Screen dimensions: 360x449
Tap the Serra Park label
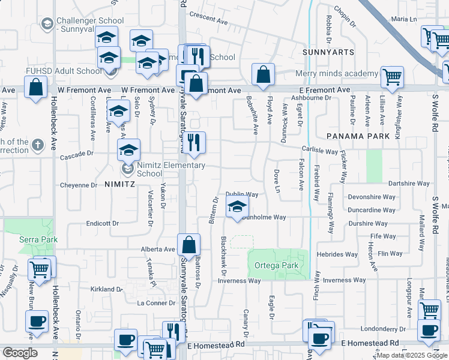(x=38, y=239)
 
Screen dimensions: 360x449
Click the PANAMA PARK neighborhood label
(x=358, y=136)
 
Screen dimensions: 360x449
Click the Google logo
(x=19, y=353)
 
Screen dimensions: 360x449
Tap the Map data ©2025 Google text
(x=412, y=355)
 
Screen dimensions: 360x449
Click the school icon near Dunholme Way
(x=238, y=208)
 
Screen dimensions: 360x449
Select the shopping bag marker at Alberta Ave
(x=188, y=245)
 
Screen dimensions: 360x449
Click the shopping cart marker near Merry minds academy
(x=392, y=76)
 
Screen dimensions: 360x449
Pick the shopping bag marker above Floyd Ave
(x=263, y=75)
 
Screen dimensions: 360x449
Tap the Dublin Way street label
(x=242, y=194)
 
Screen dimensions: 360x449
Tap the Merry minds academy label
(x=337, y=74)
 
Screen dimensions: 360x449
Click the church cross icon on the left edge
(x=38, y=145)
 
